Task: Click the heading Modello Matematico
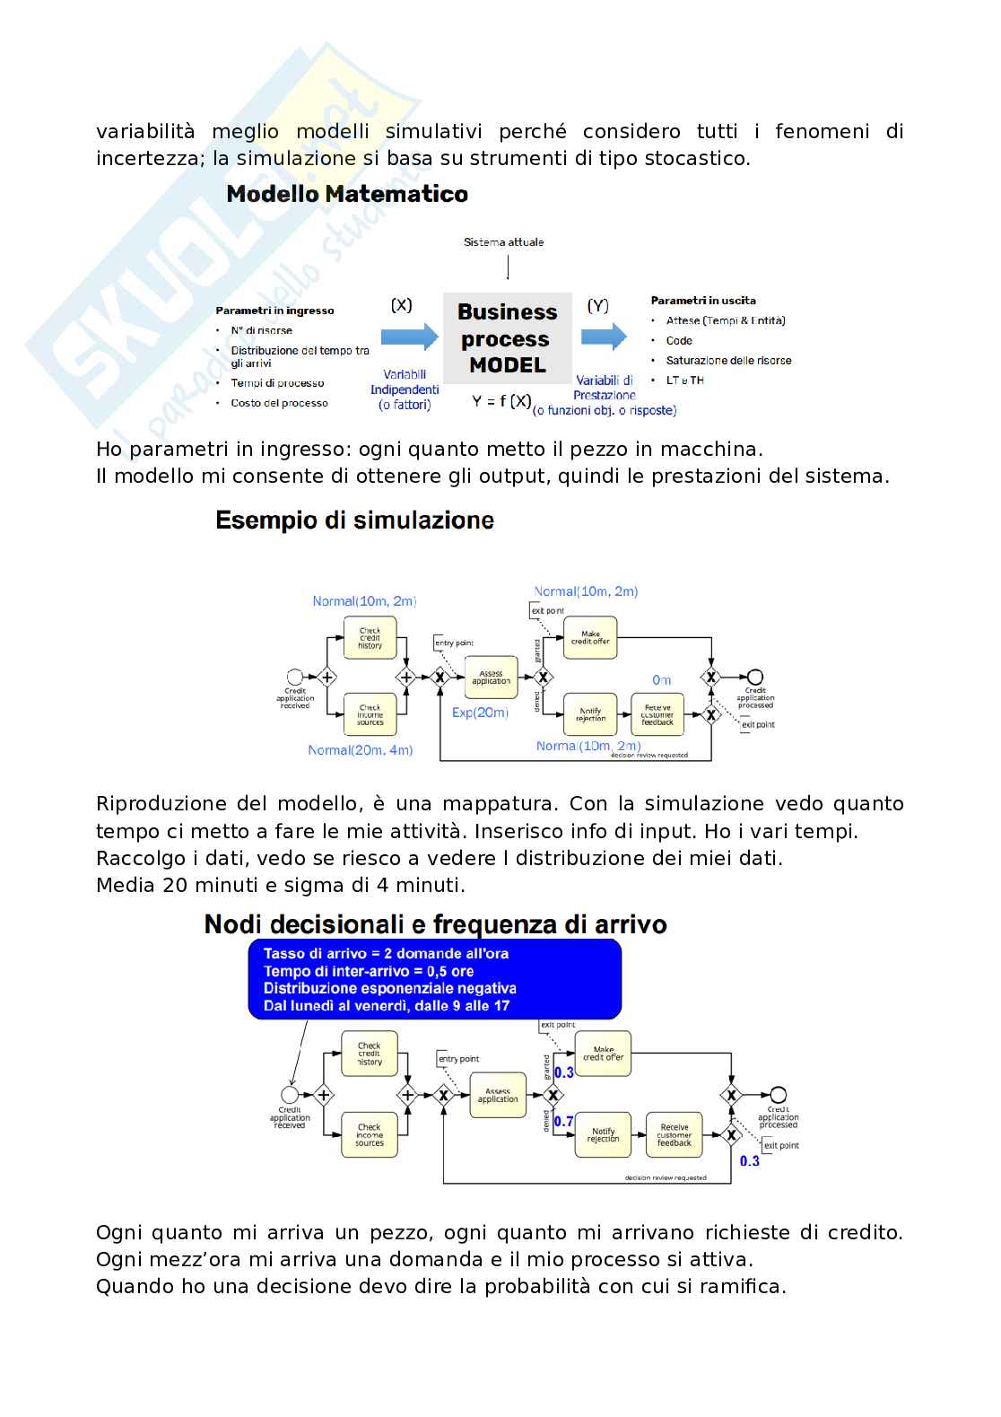click(x=347, y=195)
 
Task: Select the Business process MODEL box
click(x=507, y=338)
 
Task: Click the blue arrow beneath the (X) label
click(x=409, y=337)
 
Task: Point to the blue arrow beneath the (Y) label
click(x=604, y=337)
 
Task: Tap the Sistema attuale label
click(x=503, y=242)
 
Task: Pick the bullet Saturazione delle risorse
click(x=728, y=361)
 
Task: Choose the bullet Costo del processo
click(x=279, y=403)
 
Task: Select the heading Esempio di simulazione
click(x=354, y=520)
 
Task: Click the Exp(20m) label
click(x=481, y=713)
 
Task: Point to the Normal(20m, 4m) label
click(x=360, y=750)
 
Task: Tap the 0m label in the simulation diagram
click(x=662, y=680)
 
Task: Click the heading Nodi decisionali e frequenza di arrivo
click(x=435, y=924)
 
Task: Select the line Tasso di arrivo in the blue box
click(x=386, y=954)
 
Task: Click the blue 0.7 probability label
click(x=563, y=1122)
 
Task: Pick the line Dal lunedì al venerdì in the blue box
click(x=386, y=1006)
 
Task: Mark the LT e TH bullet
click(x=684, y=380)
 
